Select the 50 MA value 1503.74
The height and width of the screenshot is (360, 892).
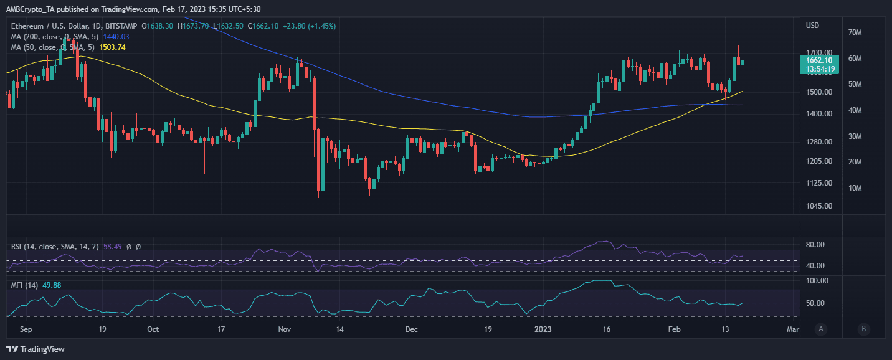[x=112, y=47]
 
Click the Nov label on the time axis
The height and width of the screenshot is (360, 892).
[x=285, y=329]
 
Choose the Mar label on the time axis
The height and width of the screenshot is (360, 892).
[x=792, y=329]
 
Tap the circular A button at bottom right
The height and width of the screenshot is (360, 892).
[x=822, y=329]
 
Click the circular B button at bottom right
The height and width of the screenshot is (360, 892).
[x=863, y=329]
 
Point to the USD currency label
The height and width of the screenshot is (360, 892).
[x=813, y=26]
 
